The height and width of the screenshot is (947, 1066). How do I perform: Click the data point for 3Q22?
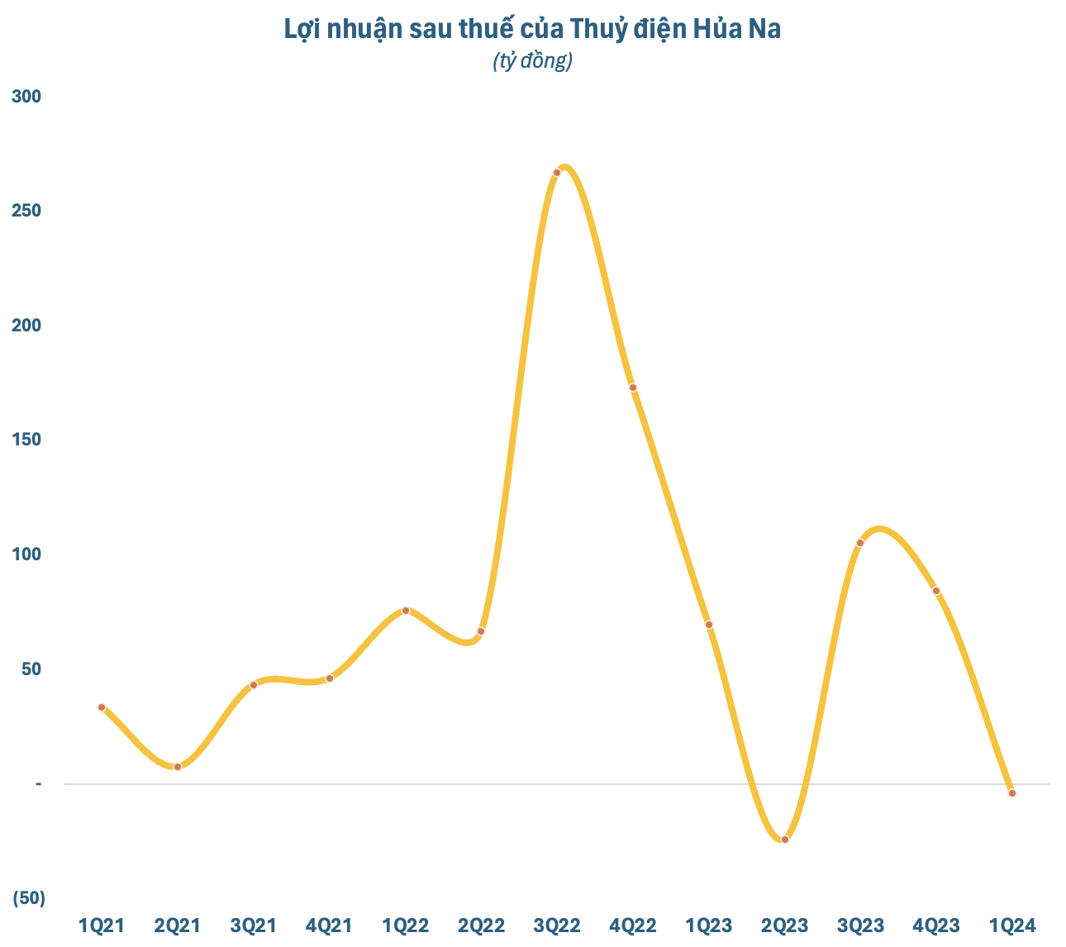click(x=557, y=173)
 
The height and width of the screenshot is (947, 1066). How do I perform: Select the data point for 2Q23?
click(x=785, y=840)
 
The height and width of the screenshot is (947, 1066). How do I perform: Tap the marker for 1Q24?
click(x=1012, y=793)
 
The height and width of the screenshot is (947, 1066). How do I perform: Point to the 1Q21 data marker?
click(x=102, y=707)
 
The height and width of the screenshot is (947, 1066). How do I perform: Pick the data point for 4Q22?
click(x=633, y=388)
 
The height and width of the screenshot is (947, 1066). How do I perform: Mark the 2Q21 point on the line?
click(x=178, y=767)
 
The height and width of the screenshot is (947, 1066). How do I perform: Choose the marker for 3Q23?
click(x=860, y=543)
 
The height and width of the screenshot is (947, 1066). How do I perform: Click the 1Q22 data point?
click(x=406, y=611)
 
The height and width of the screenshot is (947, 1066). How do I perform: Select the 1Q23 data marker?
click(x=709, y=625)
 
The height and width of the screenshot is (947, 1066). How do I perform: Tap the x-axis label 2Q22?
click(x=481, y=926)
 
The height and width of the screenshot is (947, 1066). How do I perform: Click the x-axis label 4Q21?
click(x=329, y=926)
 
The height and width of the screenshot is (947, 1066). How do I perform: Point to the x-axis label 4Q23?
click(x=936, y=926)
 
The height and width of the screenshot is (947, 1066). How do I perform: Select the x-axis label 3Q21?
click(x=253, y=926)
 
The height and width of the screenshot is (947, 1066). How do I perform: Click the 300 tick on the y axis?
click(x=26, y=97)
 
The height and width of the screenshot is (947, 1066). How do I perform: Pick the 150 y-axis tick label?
click(x=26, y=440)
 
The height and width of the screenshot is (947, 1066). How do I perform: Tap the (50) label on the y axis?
click(x=28, y=898)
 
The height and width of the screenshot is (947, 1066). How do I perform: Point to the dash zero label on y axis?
click(x=38, y=783)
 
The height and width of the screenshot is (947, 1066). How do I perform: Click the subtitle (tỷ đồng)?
click(x=532, y=61)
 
